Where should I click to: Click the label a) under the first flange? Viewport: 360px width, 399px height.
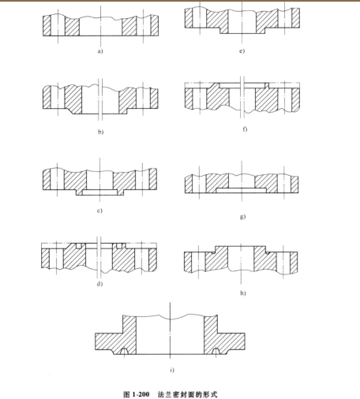click(100, 51)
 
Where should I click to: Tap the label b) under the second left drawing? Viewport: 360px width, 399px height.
click(101, 132)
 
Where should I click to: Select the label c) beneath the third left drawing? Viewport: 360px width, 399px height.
click(99, 211)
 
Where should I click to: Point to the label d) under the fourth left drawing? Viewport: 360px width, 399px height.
click(100, 284)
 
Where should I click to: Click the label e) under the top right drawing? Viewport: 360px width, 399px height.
click(242, 50)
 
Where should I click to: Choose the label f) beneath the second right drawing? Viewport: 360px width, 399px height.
click(245, 129)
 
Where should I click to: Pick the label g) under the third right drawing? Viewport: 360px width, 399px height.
click(242, 216)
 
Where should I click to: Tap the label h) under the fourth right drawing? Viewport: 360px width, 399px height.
click(243, 293)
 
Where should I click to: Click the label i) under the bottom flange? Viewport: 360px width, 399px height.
click(172, 370)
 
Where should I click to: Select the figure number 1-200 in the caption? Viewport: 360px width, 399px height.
click(141, 394)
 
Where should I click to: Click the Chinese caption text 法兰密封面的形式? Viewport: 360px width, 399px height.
click(188, 394)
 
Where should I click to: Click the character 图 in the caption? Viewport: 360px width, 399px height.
click(126, 394)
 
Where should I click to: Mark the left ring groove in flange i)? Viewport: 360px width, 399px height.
click(124, 351)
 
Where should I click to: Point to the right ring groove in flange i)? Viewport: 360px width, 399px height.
click(216, 351)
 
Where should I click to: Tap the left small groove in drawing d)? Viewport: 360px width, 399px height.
click(79, 246)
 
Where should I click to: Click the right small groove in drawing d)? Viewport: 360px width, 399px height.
click(119, 246)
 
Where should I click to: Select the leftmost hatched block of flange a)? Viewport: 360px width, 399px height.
click(47, 25)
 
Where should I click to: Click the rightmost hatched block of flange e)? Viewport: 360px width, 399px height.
click(296, 17)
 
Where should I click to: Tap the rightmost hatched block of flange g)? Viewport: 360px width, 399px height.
click(294, 185)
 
